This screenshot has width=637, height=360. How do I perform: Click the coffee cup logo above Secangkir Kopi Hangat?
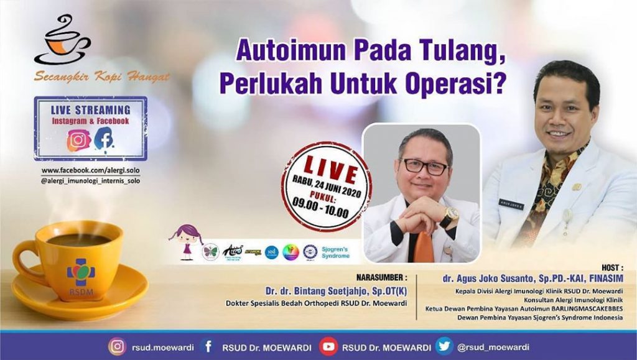(x=62, y=40)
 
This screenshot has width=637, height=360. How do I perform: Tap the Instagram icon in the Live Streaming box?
(x=79, y=141)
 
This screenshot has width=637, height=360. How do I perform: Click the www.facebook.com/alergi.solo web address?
(x=91, y=170)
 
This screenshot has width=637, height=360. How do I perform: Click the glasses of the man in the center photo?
(x=425, y=167)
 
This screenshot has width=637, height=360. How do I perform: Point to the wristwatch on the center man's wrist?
(x=449, y=216)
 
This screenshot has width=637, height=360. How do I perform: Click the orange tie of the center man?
(x=422, y=246)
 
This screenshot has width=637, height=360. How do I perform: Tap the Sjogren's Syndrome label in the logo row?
(x=340, y=252)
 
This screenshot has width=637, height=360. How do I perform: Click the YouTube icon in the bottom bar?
(x=328, y=346)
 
